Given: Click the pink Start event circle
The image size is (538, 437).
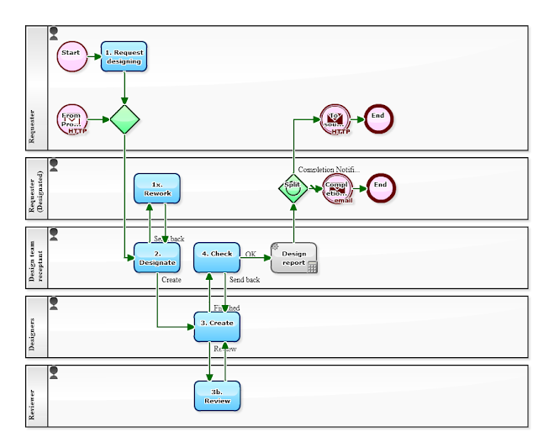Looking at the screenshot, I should coord(71,56).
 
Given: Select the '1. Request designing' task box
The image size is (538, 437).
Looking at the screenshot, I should coord(124,56).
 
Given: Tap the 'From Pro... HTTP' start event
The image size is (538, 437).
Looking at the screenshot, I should coord(72,119).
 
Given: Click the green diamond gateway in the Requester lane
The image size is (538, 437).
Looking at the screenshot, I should coord(124,119).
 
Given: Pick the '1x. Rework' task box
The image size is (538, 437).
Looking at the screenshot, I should coord(157,188).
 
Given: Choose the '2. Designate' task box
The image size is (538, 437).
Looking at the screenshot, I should coord(157,257).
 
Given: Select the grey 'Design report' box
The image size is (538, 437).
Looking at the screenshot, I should coord(293,257).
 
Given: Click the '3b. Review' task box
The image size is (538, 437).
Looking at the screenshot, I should coord(217,396).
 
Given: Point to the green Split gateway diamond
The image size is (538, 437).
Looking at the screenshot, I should coord(293,187).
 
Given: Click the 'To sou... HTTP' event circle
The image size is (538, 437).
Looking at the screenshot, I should coord(335,119).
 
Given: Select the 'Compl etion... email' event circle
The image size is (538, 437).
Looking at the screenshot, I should coord(335,187).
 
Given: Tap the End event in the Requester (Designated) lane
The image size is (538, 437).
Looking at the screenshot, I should coord(378,187).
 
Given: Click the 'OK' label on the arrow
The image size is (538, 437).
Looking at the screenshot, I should coord(251,254).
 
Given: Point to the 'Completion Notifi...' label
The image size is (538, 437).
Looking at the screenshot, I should coord(329,170).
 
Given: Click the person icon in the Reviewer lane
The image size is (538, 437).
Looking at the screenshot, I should coord(55,371).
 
